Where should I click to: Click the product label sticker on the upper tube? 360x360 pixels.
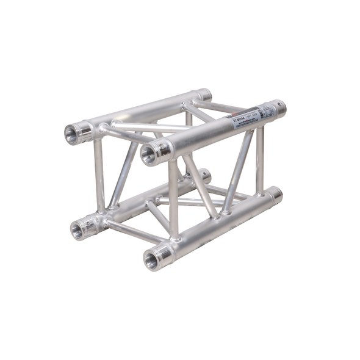point(251,117)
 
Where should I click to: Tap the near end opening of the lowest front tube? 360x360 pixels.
point(150,259)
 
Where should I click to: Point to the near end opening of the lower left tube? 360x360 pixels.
point(77,230)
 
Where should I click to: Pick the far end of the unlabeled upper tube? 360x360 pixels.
point(203,95)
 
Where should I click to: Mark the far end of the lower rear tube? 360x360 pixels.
point(204,176)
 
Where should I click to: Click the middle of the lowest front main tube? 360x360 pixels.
point(220,223)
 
